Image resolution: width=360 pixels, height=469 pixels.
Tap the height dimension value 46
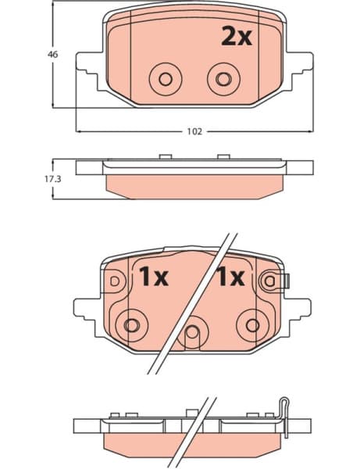52,55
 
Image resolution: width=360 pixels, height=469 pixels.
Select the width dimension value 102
194,131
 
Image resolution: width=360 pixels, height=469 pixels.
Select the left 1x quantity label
155,276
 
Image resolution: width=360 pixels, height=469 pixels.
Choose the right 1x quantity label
230,276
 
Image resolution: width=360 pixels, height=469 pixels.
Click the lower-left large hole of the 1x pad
131,323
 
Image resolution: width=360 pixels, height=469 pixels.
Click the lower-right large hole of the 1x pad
251,323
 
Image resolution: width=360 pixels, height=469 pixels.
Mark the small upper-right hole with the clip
271,280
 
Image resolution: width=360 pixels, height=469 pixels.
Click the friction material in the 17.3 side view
194,184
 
